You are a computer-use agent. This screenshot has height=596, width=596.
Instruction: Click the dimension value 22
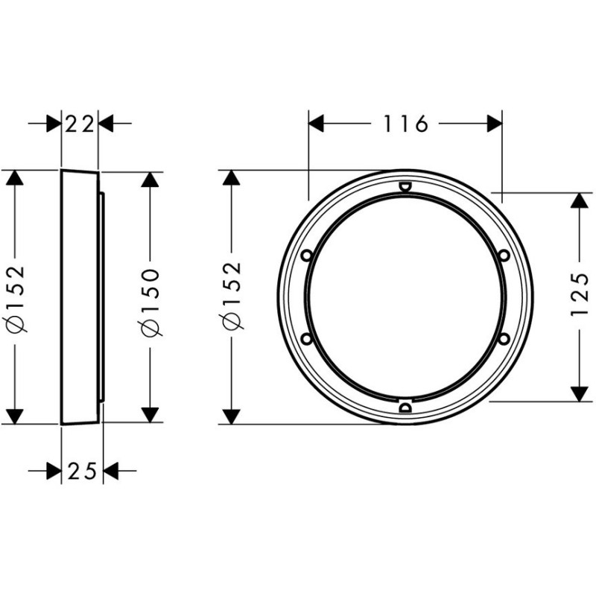80,124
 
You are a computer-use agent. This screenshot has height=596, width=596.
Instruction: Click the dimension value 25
82,472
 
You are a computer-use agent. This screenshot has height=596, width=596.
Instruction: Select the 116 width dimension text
405,124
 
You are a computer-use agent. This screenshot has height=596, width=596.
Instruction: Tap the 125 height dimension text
580,294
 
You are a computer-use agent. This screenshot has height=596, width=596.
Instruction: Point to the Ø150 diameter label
150,302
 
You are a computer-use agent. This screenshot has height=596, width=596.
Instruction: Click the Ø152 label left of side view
16,299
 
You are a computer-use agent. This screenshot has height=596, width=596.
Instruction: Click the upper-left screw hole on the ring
307,256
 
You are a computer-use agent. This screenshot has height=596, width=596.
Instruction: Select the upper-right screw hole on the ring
504,256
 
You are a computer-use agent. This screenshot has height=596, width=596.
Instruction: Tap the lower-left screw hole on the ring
307,338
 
